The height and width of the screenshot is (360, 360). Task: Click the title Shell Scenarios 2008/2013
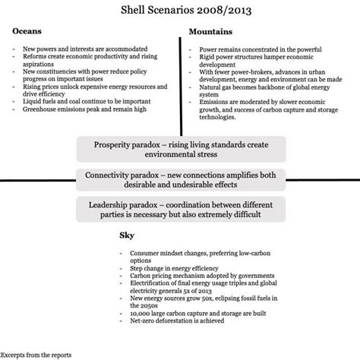click(179, 11)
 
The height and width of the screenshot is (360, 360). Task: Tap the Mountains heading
click(211, 34)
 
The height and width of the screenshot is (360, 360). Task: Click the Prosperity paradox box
click(180, 149)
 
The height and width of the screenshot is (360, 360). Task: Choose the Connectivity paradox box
click(180, 179)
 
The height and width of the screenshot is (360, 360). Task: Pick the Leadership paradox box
click(180, 209)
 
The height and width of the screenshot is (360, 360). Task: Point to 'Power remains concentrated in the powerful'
click(249, 49)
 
